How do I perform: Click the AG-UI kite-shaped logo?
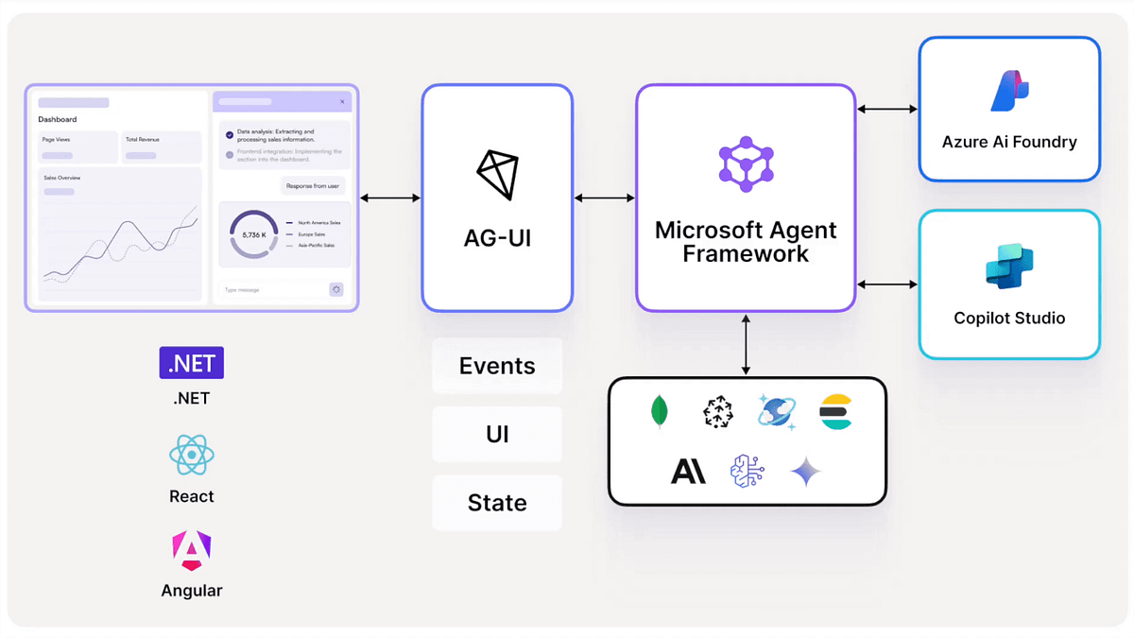pyautogui.click(x=497, y=174)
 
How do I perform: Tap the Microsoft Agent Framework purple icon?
pyautogui.click(x=746, y=164)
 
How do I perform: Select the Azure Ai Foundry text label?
pyautogui.click(x=1009, y=143)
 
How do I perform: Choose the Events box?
pyautogui.click(x=497, y=366)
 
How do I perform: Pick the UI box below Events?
pyautogui.click(x=497, y=434)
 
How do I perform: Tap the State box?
pyautogui.click(x=497, y=503)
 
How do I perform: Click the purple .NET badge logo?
pyautogui.click(x=192, y=363)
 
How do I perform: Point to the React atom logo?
pyautogui.click(x=192, y=456)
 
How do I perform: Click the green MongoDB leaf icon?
pyautogui.click(x=660, y=412)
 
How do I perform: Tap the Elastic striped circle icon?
pyautogui.click(x=836, y=412)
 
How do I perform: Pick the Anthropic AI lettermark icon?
pyautogui.click(x=688, y=471)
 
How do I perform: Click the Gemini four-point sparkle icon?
pyautogui.click(x=806, y=471)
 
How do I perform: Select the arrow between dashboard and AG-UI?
pyautogui.click(x=390, y=198)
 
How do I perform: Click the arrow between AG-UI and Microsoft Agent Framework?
pyautogui.click(x=605, y=198)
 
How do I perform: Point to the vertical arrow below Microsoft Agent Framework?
pyautogui.click(x=746, y=345)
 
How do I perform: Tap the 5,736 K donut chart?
pyautogui.click(x=254, y=234)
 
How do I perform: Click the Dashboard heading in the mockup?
pyautogui.click(x=58, y=120)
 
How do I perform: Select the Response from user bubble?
pyautogui.click(x=313, y=186)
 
